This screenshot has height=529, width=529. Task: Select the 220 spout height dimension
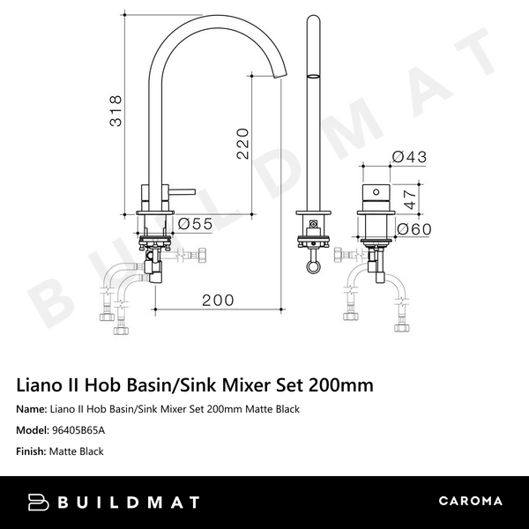[x=243, y=142]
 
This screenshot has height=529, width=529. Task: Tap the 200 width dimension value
[x=218, y=300]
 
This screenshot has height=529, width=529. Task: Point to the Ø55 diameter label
[x=195, y=224]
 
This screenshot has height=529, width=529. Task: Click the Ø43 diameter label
[x=409, y=156]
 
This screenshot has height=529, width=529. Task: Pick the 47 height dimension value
[x=408, y=197]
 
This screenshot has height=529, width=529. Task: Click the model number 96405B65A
[x=78, y=430]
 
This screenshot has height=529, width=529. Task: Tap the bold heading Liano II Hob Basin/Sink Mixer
[x=195, y=385]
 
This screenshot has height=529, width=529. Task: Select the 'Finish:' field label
[x=34, y=451]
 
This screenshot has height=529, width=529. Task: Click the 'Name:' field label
[x=34, y=409]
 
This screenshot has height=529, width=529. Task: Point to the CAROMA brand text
[x=470, y=502]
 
